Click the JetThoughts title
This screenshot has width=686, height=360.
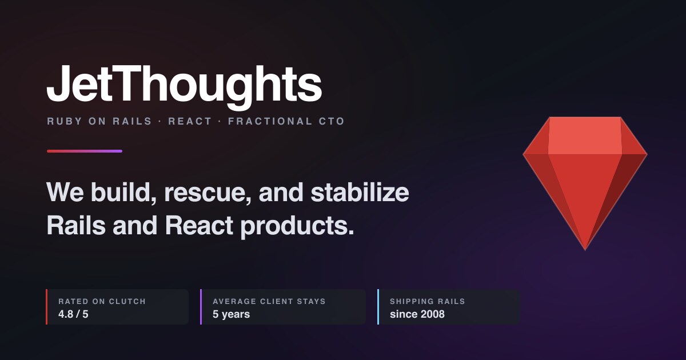[x=184, y=87]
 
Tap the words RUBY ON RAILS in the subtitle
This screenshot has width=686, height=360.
[x=99, y=121]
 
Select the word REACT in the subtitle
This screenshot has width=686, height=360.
[x=190, y=121]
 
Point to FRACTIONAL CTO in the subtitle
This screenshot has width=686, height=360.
[x=286, y=121]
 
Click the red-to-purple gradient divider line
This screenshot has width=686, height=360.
[x=85, y=151]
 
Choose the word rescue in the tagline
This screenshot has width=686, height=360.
[x=208, y=193]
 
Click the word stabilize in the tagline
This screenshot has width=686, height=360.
[x=360, y=192]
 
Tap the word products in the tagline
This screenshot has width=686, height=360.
[x=297, y=226]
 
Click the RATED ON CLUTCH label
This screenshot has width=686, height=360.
[x=102, y=301]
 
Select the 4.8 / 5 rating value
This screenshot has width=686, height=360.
[x=73, y=314]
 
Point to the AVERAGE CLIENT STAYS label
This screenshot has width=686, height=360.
[x=269, y=301]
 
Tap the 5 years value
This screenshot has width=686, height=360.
[x=231, y=314]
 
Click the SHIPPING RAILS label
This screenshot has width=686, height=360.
[x=428, y=301]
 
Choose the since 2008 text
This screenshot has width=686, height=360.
[x=417, y=314]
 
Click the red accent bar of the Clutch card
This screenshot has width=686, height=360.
[x=46, y=307]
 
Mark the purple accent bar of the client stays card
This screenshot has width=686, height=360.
[x=201, y=307]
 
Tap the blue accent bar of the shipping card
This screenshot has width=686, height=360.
[x=378, y=307]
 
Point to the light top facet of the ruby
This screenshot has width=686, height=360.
[x=585, y=135]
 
